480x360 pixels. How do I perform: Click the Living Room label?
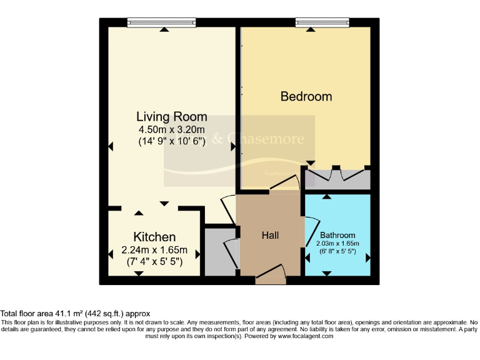(172, 117)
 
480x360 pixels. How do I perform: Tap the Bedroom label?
(306, 96)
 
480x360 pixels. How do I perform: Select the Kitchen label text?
(154, 237)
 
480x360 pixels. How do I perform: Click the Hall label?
(270, 235)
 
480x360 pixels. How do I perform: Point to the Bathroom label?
(337, 235)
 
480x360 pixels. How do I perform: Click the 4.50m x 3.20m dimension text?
(172, 129)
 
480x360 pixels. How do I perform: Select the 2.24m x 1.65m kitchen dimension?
(154, 250)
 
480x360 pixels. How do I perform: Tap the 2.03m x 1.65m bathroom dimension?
(337, 243)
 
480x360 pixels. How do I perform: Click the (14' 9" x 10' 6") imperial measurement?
(172, 142)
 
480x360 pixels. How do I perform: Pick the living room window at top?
(161, 22)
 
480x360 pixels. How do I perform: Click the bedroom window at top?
(322, 22)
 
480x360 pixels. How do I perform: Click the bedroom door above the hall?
(284, 184)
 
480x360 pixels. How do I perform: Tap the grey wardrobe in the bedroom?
(337, 179)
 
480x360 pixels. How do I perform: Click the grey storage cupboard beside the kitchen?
(219, 252)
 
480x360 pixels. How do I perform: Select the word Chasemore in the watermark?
(266, 139)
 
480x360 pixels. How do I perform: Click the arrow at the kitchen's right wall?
(198, 254)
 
